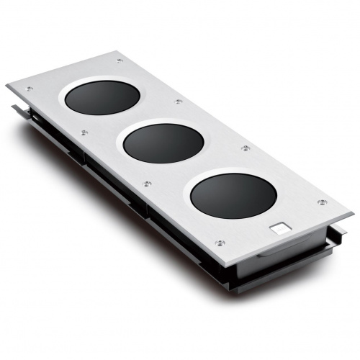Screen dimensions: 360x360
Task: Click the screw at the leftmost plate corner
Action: [30, 89]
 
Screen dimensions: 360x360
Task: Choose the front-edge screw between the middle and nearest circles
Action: [148, 184]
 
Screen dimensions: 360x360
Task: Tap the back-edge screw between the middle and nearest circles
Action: [246, 148]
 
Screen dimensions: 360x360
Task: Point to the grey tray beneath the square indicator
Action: [288, 246]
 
